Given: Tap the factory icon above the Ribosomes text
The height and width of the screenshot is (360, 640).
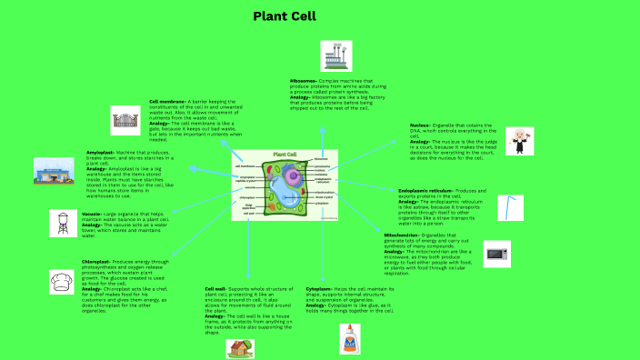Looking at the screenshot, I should [x=330, y=56].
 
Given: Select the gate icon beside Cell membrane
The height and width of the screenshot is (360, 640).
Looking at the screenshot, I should [x=126, y=119].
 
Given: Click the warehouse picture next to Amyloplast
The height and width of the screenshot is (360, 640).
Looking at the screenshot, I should [x=53, y=170].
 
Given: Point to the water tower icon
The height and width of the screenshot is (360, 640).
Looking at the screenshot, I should [x=63, y=223].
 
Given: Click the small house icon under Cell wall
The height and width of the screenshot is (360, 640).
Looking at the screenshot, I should [x=240, y=348].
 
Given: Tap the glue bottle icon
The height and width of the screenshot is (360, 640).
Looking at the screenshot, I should [x=352, y=340].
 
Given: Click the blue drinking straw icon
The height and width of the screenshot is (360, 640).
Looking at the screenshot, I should [x=511, y=207].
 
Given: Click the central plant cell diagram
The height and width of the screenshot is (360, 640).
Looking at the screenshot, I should [x=285, y=186].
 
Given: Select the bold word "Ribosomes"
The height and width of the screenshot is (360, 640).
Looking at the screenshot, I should [x=304, y=81].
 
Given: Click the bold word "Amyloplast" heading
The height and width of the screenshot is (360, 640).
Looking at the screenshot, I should [x=99, y=151].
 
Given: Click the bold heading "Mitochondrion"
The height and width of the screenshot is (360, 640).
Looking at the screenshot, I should [x=403, y=235].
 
